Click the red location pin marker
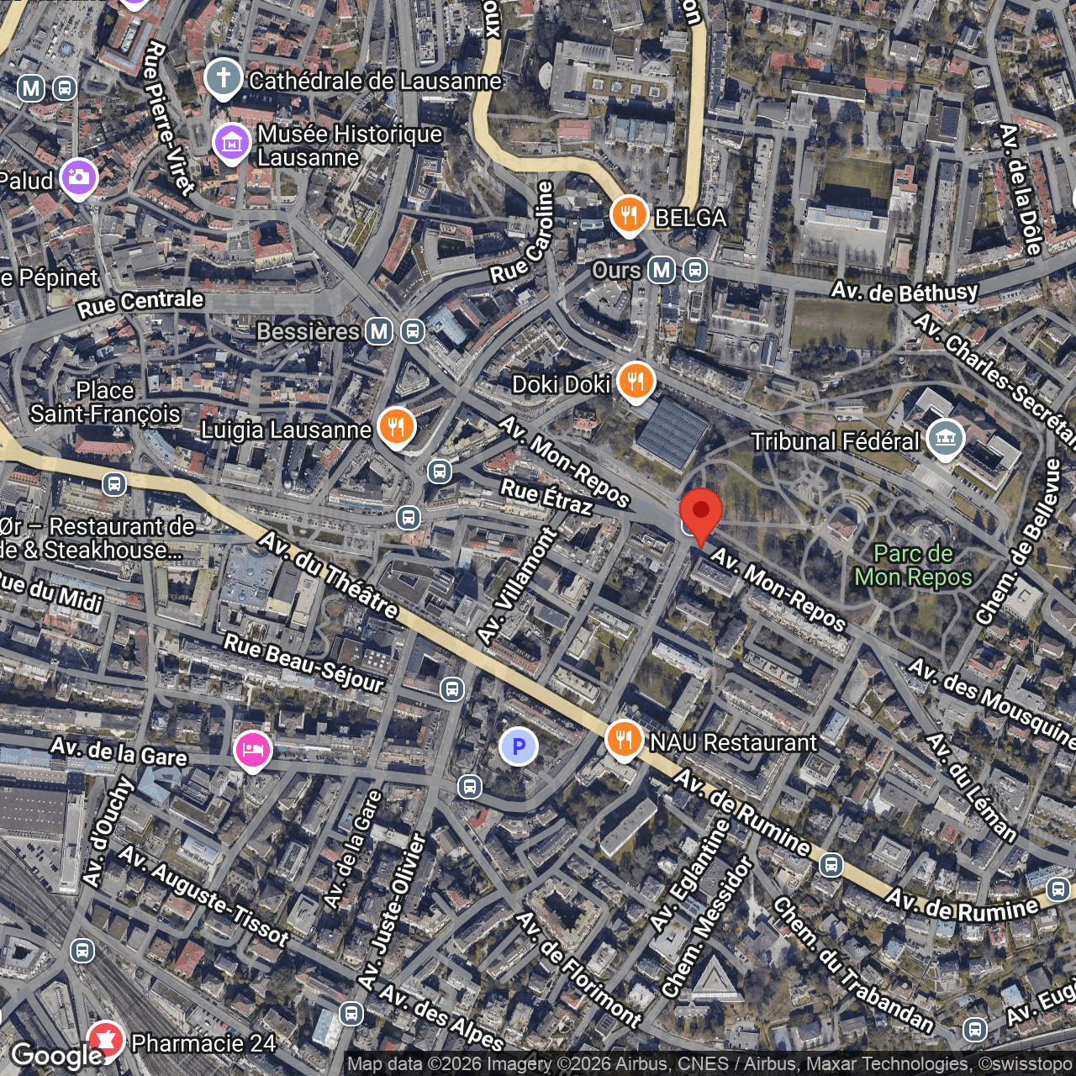pos(700,512)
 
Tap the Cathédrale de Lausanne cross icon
pos(223,79)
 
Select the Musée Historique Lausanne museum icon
pos(231,143)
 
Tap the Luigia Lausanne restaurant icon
pos(396,426)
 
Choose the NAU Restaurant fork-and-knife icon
pos(623,740)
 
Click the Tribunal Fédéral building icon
pos(946,438)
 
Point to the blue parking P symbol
pos(519,746)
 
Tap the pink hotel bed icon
pos(252,748)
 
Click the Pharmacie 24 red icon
pos(106,1040)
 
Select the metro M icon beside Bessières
pos(379,331)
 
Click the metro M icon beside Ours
pos(662,270)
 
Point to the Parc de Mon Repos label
pos(913,565)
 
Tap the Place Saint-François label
pos(105,402)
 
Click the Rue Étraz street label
pos(546,496)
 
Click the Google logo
pos(56,1055)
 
